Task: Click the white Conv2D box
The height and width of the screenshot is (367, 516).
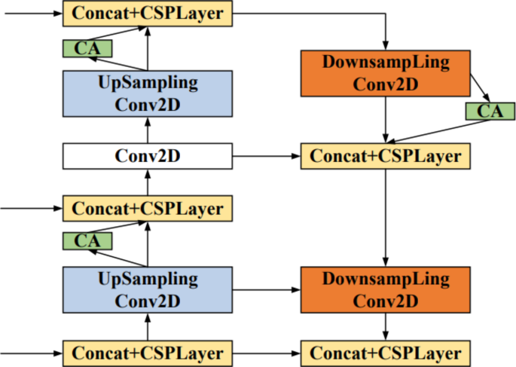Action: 147,157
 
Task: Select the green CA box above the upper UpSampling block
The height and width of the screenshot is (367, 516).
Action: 87,48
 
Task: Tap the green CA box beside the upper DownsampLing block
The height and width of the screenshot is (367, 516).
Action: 489,112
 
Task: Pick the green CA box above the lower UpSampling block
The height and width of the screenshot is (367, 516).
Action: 87,240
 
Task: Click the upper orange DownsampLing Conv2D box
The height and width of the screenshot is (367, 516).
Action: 386,72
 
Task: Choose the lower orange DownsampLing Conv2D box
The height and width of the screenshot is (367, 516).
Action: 386,289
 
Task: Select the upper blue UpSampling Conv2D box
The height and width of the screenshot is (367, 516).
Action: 147,93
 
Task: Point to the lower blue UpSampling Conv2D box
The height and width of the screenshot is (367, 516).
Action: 147,289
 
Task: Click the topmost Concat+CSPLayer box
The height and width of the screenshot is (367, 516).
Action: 147,11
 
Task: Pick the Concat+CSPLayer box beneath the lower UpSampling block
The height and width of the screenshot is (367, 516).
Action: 147,353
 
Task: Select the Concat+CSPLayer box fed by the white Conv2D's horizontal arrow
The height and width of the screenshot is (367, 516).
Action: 386,157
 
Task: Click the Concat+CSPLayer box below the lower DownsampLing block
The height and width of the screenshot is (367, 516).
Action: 386,353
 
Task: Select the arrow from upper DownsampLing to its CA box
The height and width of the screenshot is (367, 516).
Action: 481,88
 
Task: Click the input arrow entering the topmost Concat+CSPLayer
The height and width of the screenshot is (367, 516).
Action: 30,11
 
